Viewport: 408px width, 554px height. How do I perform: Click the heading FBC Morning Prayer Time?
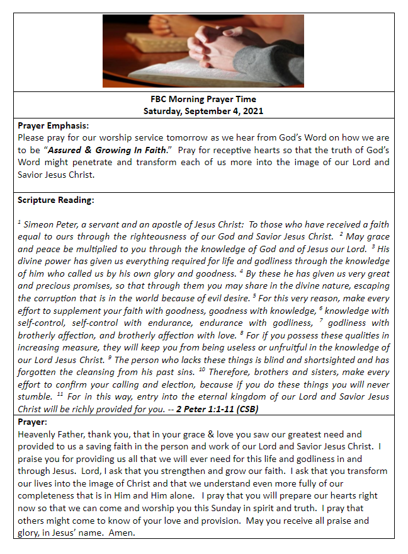pyautogui.click(x=203, y=100)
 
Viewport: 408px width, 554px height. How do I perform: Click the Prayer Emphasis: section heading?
pyautogui.click(x=53, y=125)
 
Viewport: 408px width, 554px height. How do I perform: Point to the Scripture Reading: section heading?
pyautogui.click(x=56, y=200)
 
